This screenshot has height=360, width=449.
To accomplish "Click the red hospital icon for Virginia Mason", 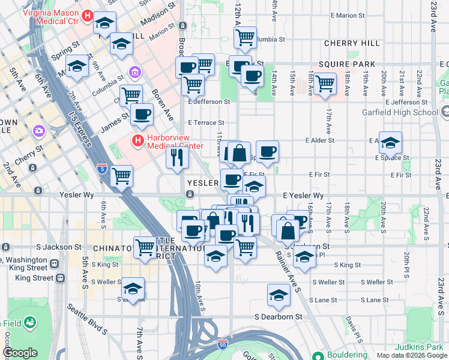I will click(x=88, y=16).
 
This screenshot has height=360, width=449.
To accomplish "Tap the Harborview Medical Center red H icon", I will click(x=138, y=142).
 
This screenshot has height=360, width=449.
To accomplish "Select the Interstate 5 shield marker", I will click(x=103, y=169).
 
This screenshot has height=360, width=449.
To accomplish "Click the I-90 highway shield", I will click(x=223, y=344).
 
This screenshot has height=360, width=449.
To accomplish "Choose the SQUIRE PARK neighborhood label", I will click(x=347, y=64).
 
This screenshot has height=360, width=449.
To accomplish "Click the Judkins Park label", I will click(x=418, y=347).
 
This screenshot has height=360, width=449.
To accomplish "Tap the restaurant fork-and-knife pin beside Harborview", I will click(x=177, y=157).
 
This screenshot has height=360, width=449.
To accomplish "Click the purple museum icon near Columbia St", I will click(x=134, y=74).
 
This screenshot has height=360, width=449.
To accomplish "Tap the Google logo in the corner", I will click(x=20, y=353).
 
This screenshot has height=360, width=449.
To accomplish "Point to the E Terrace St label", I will click(x=205, y=122).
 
